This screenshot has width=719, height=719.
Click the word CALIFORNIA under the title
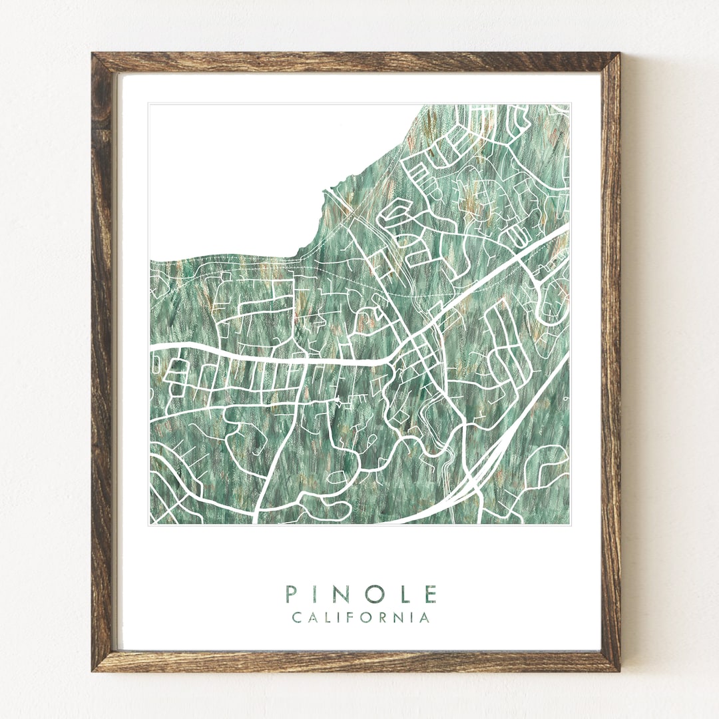(361, 618)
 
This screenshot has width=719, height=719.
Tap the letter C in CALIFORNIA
(296, 618)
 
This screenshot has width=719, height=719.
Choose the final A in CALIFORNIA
(425, 618)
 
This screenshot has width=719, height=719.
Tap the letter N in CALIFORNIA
(400, 618)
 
